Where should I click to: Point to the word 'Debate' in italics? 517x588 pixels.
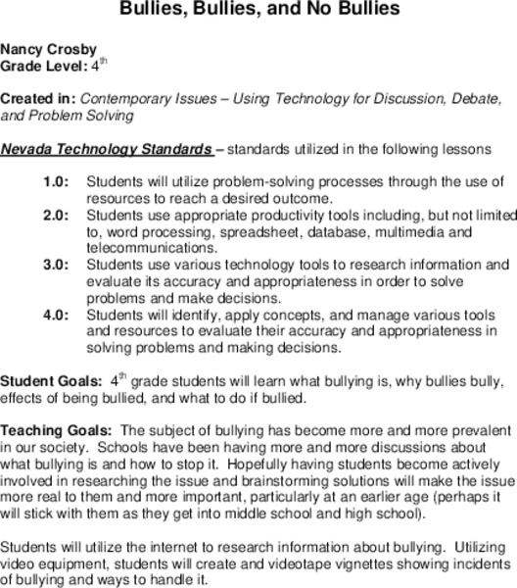469,100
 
